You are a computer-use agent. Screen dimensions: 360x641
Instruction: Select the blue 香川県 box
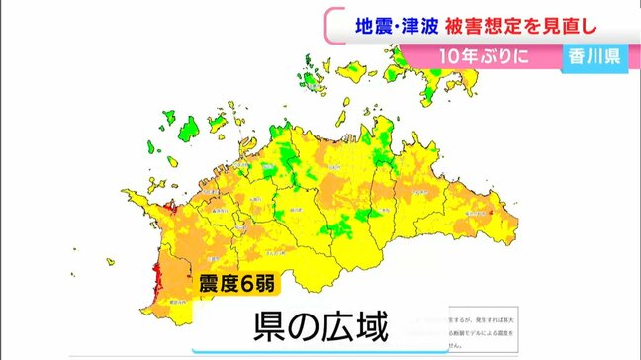pyautogui.click(x=595, y=56)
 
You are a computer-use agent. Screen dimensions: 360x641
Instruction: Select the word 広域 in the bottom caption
pyautogui.click(x=346, y=327)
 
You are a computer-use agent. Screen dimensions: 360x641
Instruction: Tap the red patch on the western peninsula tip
pyautogui.click(x=162, y=209)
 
